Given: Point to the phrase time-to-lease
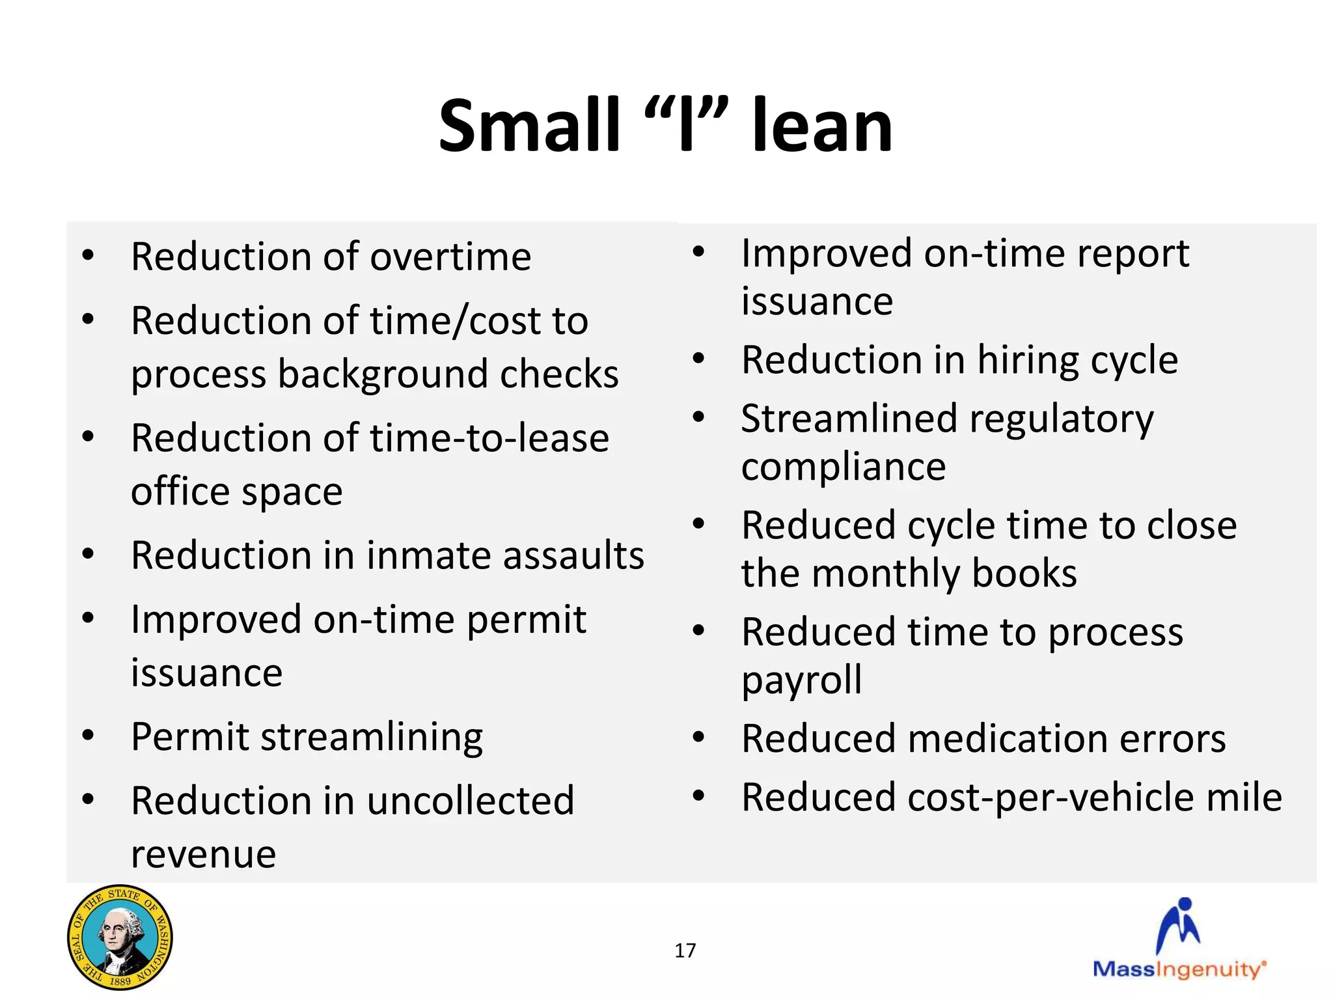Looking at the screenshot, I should [x=489, y=437].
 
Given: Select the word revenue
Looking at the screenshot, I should [x=203, y=854].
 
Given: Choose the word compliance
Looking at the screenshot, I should [x=843, y=467].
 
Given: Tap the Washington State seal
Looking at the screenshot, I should [x=120, y=937].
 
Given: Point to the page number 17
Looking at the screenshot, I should [x=685, y=951].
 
